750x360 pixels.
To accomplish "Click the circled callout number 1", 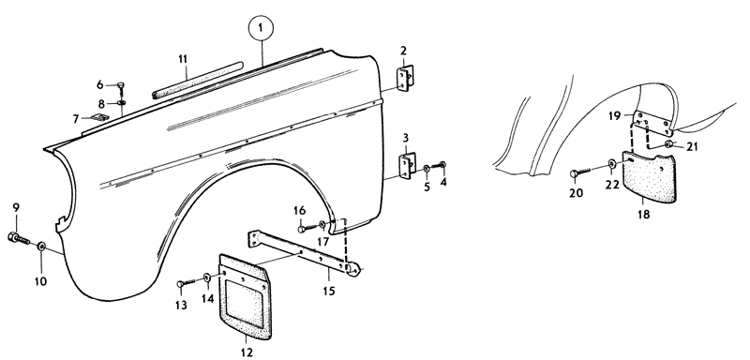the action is point(261,29).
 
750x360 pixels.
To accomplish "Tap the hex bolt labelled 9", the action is point(19,238).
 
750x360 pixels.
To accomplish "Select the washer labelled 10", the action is point(41,247).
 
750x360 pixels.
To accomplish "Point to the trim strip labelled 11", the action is point(198,80).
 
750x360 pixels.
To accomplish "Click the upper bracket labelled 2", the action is point(404,78).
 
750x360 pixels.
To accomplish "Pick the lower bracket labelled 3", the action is point(406,165).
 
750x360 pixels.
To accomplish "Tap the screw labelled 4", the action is point(439,165).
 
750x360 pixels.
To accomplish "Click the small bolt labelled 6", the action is point(121,88).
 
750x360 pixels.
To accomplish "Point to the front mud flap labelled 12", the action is point(245,296).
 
